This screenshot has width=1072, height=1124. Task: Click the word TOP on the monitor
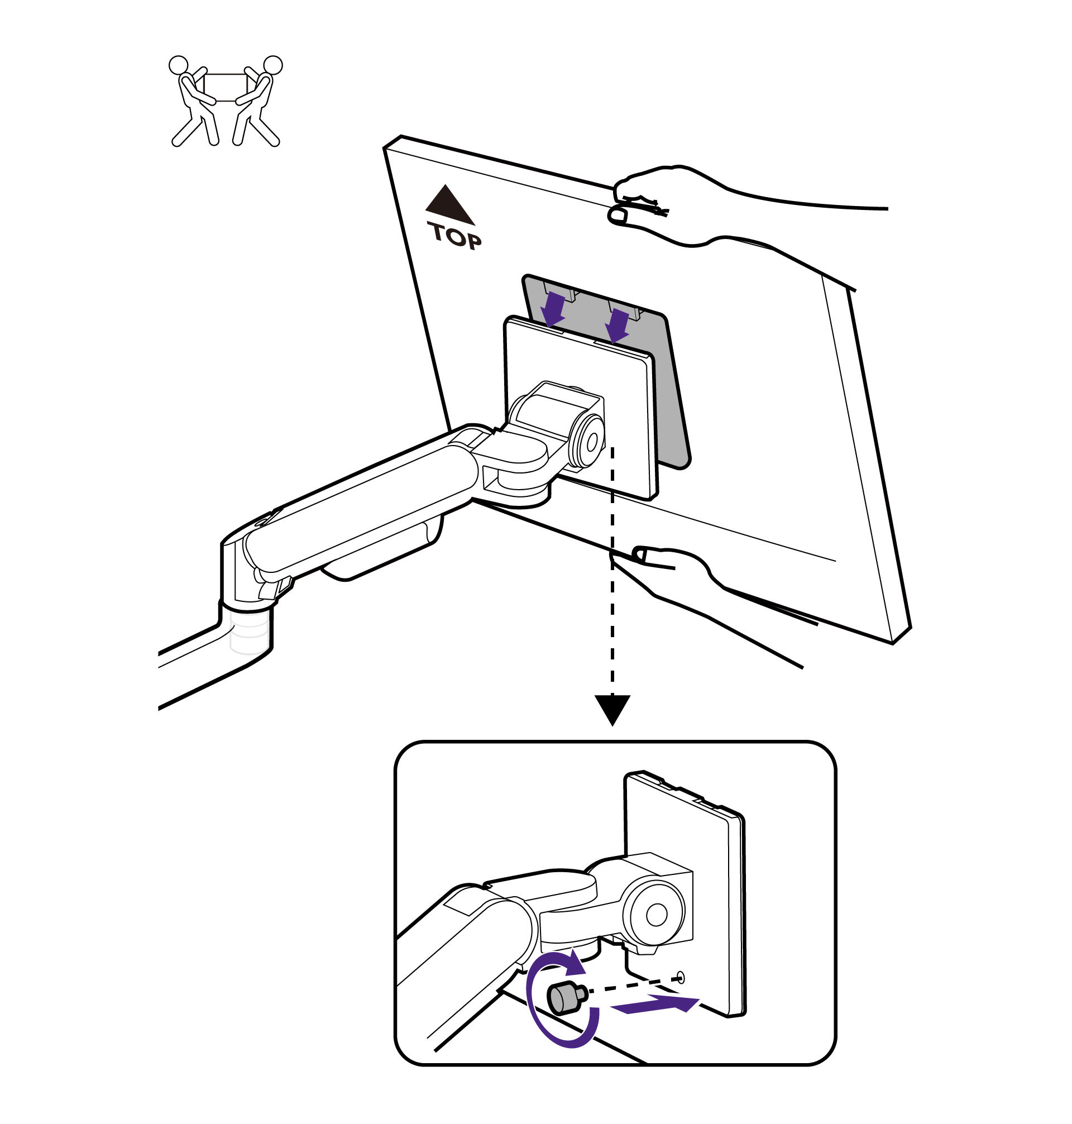(x=455, y=237)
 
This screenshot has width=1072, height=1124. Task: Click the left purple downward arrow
(x=553, y=309)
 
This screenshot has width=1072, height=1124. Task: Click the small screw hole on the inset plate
(x=680, y=977)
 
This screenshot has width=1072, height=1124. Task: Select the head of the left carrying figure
(x=178, y=65)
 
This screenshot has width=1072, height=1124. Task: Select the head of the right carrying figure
(x=273, y=65)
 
